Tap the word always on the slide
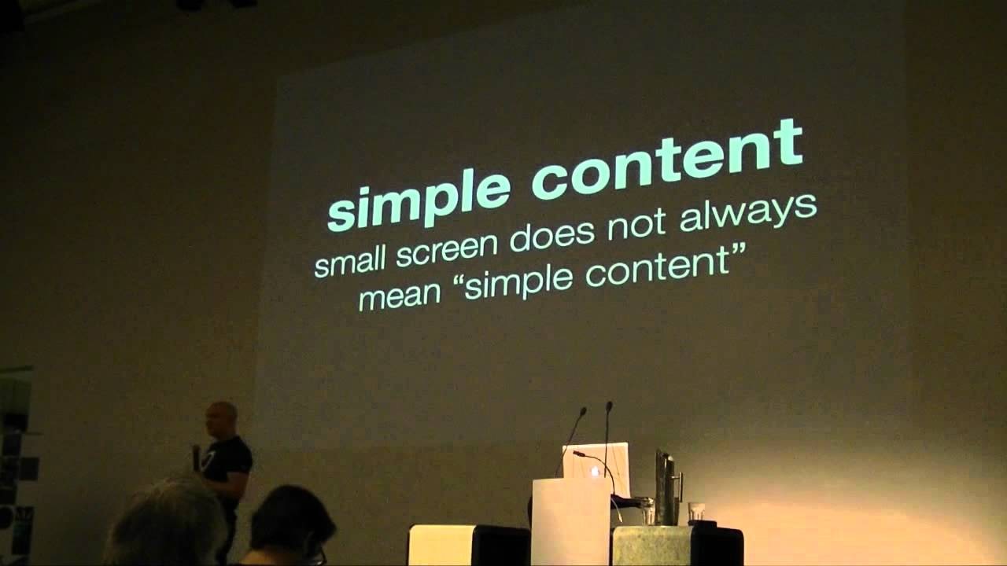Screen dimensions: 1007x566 click(747, 213)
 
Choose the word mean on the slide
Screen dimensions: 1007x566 click(400, 297)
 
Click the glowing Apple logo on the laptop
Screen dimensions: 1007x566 click(595, 471)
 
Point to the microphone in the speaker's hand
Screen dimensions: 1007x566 click(196, 457)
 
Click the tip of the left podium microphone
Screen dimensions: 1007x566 click(584, 410)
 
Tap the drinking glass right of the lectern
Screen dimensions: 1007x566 click(695, 512)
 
